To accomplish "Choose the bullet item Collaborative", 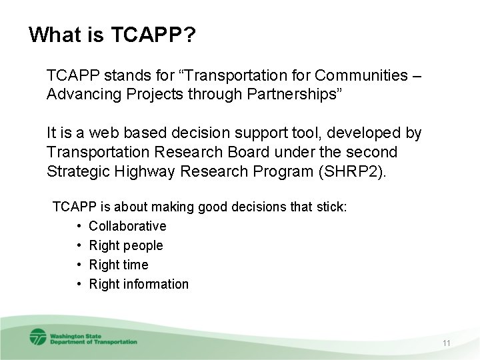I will pos(127,226).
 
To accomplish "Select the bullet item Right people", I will pos(126,245).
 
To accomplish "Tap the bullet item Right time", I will pos(119,265).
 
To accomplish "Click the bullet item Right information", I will pos(139,284).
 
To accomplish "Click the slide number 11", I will pos(447,343).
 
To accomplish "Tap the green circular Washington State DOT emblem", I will pos(38,337).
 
